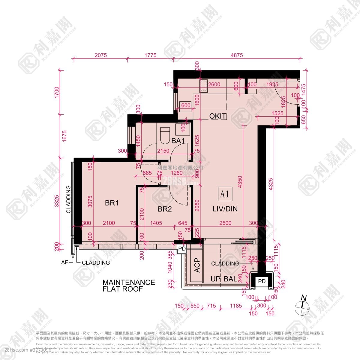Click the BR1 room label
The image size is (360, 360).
[x=112, y=203]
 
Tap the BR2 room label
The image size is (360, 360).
[x=165, y=209]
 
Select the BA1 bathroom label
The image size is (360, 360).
[x=178, y=140]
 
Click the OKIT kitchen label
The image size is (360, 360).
[x=218, y=116]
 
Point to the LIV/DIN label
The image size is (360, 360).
[x=225, y=209]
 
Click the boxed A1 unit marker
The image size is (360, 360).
[x=225, y=194]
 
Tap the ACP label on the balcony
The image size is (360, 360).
[x=197, y=265]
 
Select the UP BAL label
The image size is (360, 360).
[x=224, y=279]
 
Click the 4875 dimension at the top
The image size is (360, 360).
[x=237, y=55]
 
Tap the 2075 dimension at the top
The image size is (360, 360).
[x=100, y=55]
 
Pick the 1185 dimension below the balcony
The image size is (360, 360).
[x=236, y=306]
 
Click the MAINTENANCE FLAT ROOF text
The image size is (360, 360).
[x=129, y=286]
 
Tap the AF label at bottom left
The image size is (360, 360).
[x=64, y=262]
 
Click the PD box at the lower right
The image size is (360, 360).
[x=262, y=281]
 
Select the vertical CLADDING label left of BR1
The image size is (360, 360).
[x=68, y=199]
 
